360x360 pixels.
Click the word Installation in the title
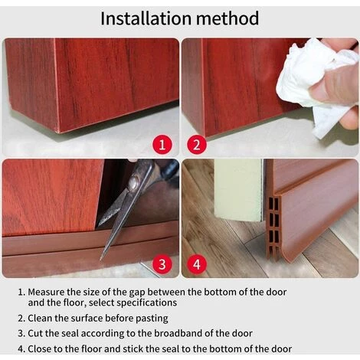146,18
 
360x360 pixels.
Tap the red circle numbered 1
162,145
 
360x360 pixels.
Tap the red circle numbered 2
197,145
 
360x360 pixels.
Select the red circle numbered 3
162,263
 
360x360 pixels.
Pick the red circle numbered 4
197,263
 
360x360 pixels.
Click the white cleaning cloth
314,84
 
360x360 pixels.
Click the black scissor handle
163,170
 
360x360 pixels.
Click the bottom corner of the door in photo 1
60,133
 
